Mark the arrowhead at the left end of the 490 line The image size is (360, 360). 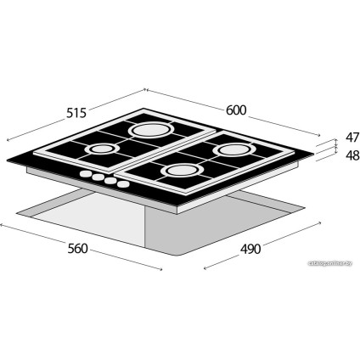tap(205, 271)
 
